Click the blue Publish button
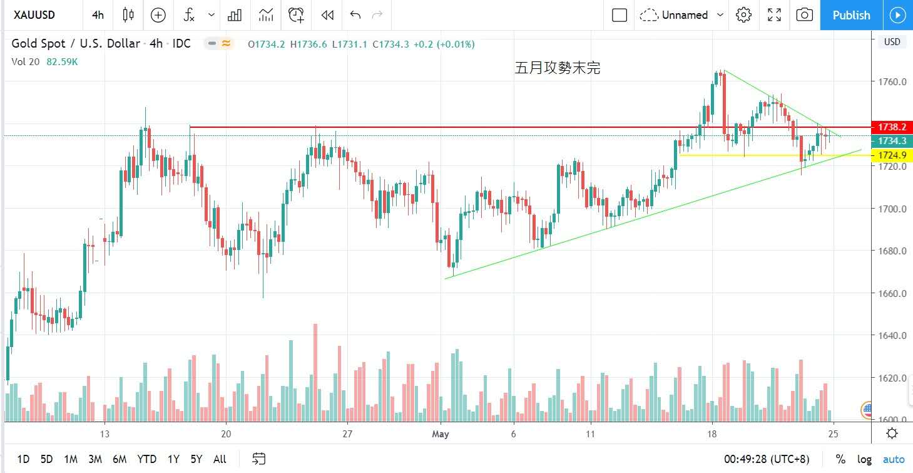(x=851, y=15)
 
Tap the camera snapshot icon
(x=805, y=15)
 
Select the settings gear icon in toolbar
(x=743, y=15)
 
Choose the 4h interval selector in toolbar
(x=98, y=15)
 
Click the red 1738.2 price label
(x=892, y=127)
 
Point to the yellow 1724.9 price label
(x=892, y=155)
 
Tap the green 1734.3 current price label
(x=892, y=141)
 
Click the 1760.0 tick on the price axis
(x=892, y=82)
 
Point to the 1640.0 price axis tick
(x=892, y=336)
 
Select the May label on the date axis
(x=441, y=434)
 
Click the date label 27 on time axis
(x=348, y=434)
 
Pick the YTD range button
(x=147, y=459)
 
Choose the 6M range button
(x=120, y=459)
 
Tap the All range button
(x=220, y=459)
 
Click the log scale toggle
(x=864, y=459)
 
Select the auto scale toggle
(x=894, y=459)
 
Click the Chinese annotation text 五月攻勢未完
(x=557, y=68)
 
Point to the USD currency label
(x=892, y=42)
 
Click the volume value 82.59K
(x=62, y=62)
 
